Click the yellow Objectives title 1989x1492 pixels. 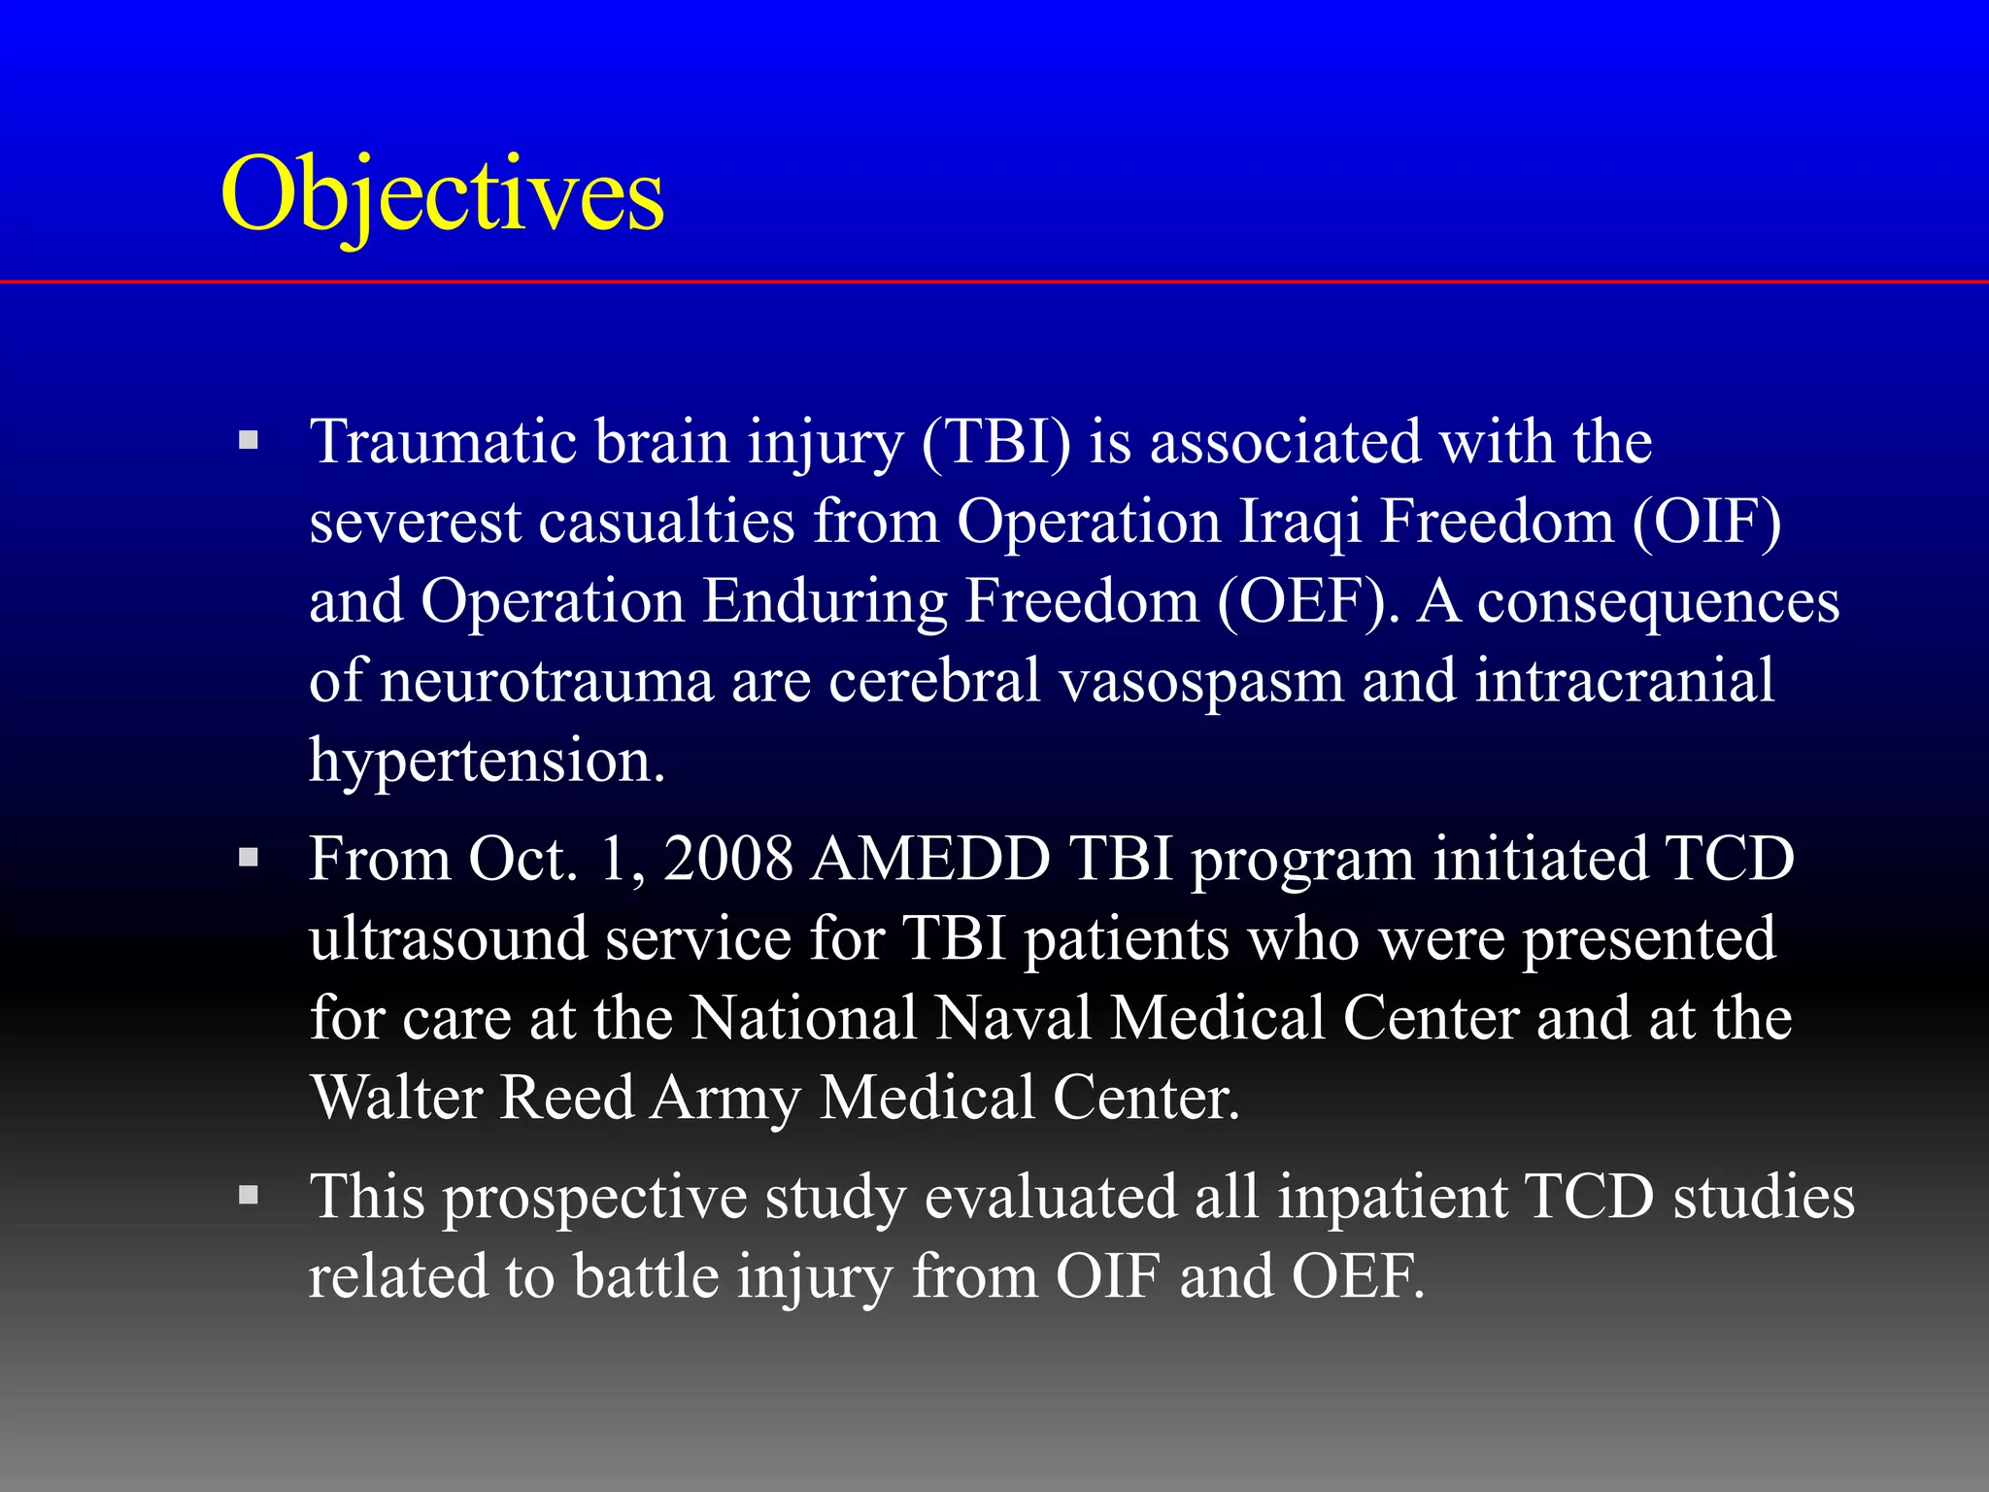(442, 194)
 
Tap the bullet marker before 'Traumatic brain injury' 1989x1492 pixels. (249, 440)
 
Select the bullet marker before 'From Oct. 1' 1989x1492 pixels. (249, 858)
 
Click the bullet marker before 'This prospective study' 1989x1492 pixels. (249, 1195)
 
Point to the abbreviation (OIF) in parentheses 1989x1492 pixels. (1706, 522)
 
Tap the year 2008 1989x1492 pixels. (728, 860)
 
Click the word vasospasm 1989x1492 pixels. (1200, 681)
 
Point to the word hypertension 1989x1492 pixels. (486, 761)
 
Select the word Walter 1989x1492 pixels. (396, 1099)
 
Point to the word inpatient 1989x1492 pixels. (1393, 1197)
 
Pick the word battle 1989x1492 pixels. (645, 1276)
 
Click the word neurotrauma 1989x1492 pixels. (547, 681)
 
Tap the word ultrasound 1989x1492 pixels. (449, 939)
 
